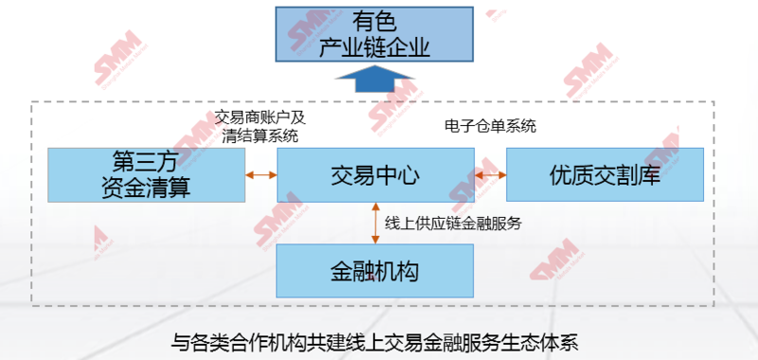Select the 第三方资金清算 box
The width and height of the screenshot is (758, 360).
click(147, 173)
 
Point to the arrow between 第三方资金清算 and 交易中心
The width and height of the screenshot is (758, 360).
click(260, 175)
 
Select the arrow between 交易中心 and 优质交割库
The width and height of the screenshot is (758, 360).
click(490, 175)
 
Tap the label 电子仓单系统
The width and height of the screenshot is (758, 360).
click(491, 125)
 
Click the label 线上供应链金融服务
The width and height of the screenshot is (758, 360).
click(454, 224)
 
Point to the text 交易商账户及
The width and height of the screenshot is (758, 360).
click(260, 117)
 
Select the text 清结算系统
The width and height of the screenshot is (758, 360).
click(260, 135)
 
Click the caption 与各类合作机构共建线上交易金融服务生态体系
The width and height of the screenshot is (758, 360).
click(380, 341)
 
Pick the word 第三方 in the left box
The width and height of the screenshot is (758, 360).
click(147, 159)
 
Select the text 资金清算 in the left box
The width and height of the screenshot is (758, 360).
click(147, 187)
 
